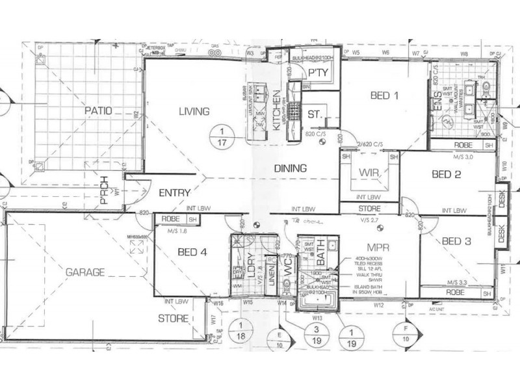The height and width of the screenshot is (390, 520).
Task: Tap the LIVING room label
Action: pos(194,111)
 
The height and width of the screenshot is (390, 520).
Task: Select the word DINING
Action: pos(290,168)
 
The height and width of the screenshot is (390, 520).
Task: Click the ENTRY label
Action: pos(174,192)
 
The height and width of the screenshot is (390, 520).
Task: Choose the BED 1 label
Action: pos(385,96)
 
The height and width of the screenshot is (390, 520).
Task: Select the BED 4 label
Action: pos(192,254)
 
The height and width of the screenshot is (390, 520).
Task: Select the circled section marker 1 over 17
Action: pos(224,137)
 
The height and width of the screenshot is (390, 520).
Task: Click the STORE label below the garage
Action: pos(173,318)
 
